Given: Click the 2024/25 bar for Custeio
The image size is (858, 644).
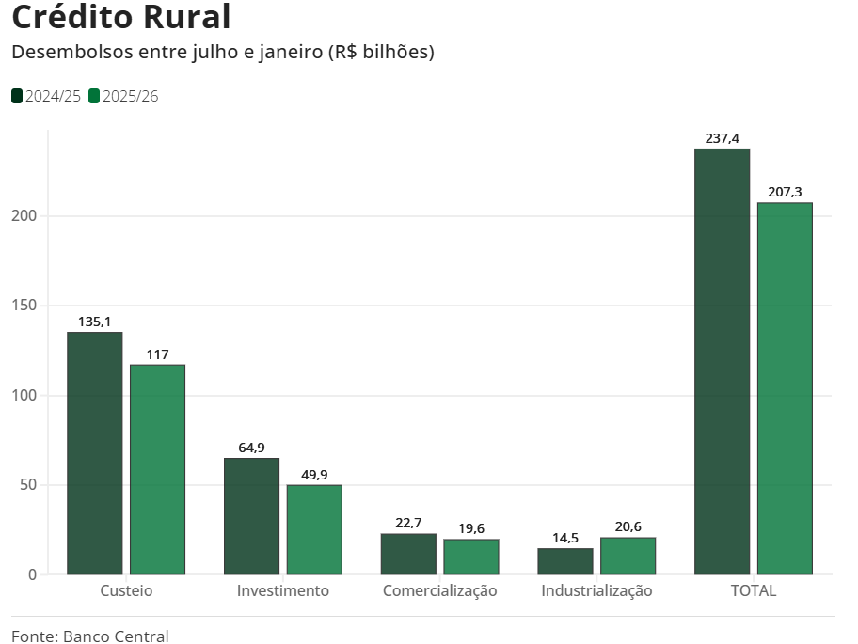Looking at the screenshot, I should pos(94,453).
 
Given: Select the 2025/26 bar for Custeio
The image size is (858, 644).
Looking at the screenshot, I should pos(157,469).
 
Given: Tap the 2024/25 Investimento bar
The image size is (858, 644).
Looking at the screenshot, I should pos(251,516).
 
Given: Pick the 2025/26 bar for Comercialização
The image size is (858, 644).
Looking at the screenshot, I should pos(471,557).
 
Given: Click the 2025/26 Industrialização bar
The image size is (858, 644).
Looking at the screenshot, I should pos(628,556).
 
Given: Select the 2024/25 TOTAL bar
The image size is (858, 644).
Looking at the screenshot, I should pos(722,361).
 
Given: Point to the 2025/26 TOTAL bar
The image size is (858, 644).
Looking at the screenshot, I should pos(785,388).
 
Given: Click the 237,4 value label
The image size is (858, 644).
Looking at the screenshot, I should pos(722,139).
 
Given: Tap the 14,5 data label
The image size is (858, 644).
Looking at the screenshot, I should pos(565,538).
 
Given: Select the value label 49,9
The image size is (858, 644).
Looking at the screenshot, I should pos(314,475).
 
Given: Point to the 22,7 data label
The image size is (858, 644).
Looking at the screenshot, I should pos(408,523).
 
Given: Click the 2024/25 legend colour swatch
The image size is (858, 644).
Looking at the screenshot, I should pos(17,96).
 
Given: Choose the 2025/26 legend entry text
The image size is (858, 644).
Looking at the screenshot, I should pos(130,96).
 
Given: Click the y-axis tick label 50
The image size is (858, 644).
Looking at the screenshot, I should pos(27,485).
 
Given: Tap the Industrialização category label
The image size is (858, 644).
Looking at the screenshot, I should pos(596,590).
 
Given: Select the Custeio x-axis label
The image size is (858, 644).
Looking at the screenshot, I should pos(126,590).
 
